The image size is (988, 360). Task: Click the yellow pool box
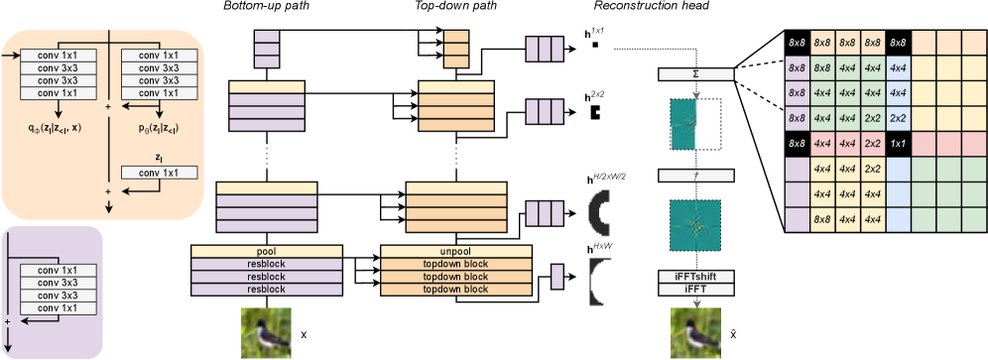[x=267, y=252]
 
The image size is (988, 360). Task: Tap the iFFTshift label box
[x=695, y=276]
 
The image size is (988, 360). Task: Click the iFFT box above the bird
[x=695, y=289]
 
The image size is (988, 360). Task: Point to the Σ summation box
[x=695, y=75]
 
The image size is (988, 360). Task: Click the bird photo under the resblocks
[x=267, y=332]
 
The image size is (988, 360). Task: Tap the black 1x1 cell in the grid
[x=898, y=144]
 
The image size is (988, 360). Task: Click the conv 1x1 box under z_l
[x=159, y=173]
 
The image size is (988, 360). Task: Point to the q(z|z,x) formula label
[x=58, y=128]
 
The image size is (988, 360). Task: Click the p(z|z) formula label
[x=159, y=128]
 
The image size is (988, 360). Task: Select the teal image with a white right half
[x=695, y=125]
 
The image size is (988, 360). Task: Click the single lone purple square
[x=556, y=276]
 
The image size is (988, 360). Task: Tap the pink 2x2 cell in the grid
[x=872, y=144]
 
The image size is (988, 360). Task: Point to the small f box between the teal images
[x=695, y=175]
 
